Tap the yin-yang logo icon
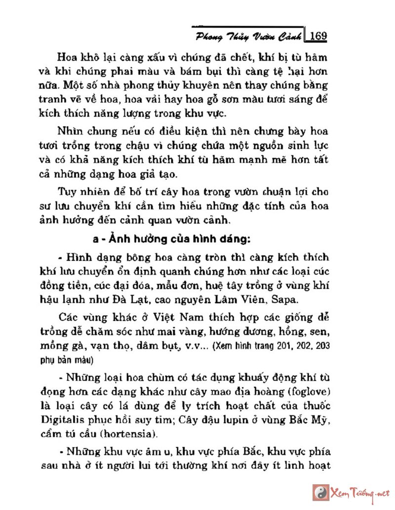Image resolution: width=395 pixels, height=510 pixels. coord(320,493)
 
